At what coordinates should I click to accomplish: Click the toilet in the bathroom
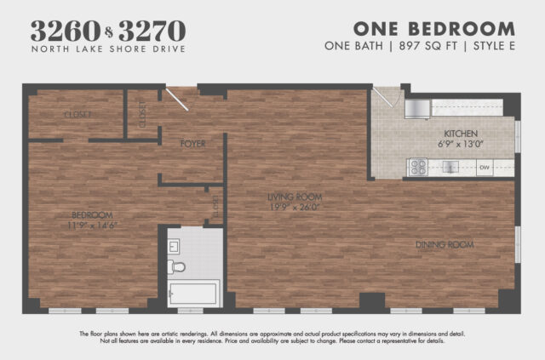[178, 267]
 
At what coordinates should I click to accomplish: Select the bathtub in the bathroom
[194, 294]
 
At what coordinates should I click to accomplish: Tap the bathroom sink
[174, 247]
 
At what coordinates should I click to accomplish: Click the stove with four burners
[417, 168]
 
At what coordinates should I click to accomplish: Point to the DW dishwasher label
[485, 168]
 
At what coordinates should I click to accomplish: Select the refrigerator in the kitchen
[416, 108]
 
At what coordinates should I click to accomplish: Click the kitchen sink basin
[451, 168]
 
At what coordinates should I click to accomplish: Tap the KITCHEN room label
[461, 134]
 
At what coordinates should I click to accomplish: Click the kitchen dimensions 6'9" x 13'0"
[461, 144]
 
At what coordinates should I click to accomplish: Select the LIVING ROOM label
[295, 197]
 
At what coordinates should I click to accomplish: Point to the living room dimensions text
[295, 207]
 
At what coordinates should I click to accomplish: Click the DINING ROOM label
[444, 245]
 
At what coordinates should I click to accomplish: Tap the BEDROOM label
[92, 214]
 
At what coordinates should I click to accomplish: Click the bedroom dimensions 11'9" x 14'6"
[92, 225]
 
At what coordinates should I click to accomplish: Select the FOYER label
[192, 144]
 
